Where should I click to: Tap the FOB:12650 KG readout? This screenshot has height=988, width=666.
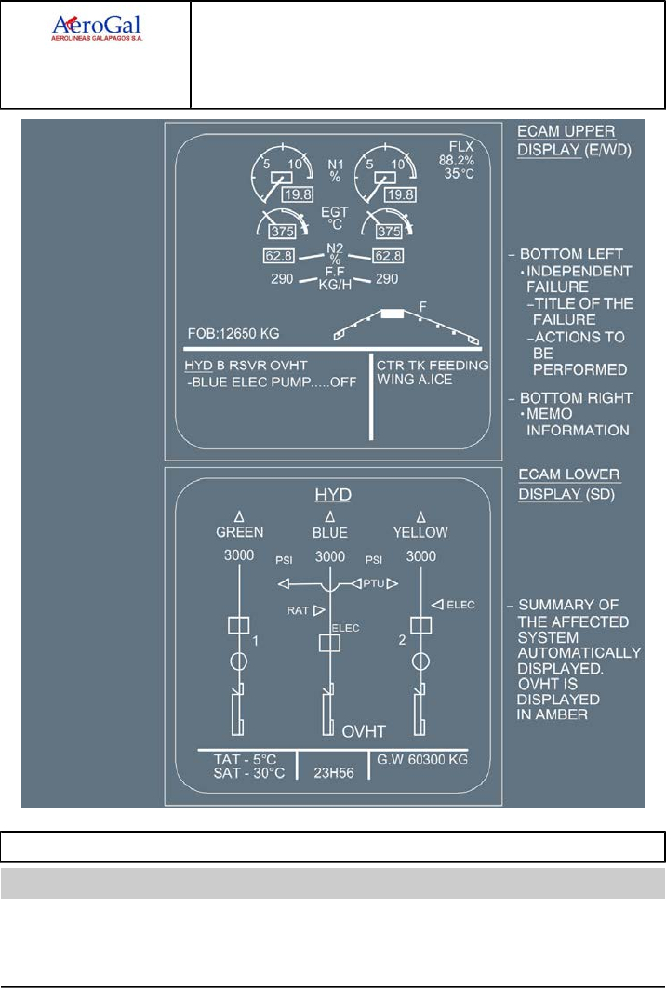coord(233,332)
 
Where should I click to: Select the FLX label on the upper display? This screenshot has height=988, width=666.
coord(460,146)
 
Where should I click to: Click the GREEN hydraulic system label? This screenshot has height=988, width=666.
coord(240,532)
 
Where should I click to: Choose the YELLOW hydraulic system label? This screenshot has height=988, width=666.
coord(420,532)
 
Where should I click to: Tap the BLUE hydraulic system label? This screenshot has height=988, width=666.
coord(330,532)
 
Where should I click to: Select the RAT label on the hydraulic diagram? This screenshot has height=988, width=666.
coord(298,610)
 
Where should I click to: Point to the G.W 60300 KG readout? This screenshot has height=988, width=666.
coord(420,759)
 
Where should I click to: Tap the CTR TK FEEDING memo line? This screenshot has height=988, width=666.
coord(433,365)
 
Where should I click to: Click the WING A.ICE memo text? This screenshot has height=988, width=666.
coord(415,380)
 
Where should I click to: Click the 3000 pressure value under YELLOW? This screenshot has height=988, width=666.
coord(420,556)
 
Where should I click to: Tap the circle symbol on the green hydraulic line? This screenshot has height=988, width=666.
coord(239,661)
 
